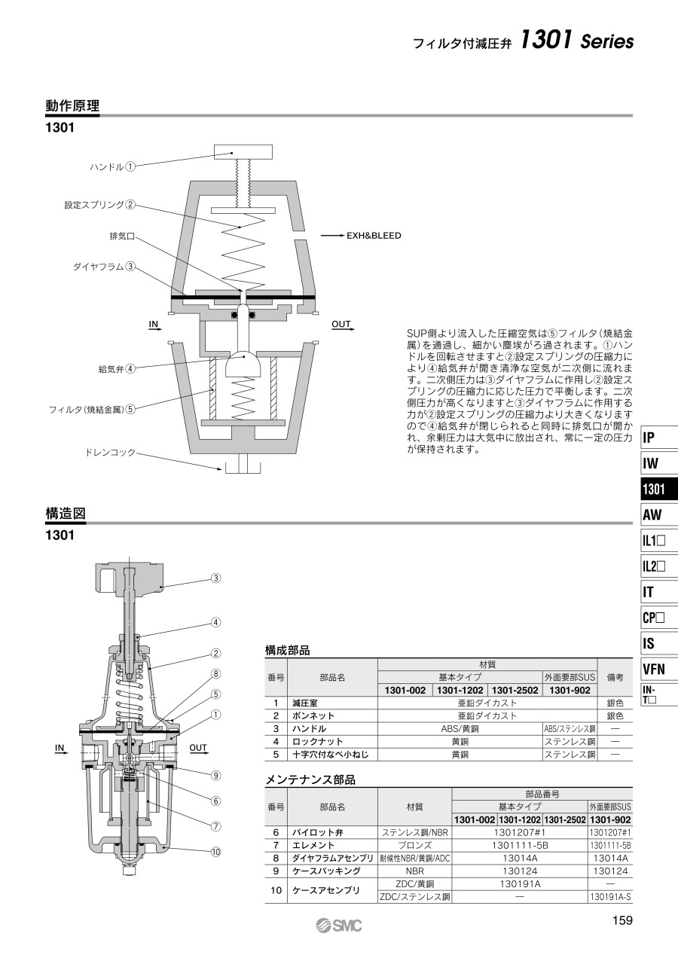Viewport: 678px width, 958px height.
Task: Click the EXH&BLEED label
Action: (374, 236)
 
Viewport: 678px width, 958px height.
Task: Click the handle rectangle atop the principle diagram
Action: (243, 152)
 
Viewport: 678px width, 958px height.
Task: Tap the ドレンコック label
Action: (110, 452)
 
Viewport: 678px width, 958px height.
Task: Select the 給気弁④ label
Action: (117, 368)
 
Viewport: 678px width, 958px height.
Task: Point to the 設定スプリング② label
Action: (99, 205)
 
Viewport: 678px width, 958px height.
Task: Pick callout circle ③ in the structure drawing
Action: (216, 578)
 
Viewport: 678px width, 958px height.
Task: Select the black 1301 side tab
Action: (658, 489)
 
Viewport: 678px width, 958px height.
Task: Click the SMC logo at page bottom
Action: (339, 926)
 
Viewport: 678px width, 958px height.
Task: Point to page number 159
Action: (622, 920)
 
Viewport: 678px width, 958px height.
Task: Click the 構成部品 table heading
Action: (288, 651)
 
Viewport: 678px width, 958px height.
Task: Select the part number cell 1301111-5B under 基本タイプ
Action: (520, 846)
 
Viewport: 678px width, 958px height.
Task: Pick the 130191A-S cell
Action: (610, 897)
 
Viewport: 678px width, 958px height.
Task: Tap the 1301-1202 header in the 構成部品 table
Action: (460, 691)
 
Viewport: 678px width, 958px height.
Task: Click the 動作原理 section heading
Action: (72, 105)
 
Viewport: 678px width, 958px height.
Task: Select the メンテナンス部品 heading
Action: (310, 780)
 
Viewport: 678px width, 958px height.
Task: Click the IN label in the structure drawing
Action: (60, 748)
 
